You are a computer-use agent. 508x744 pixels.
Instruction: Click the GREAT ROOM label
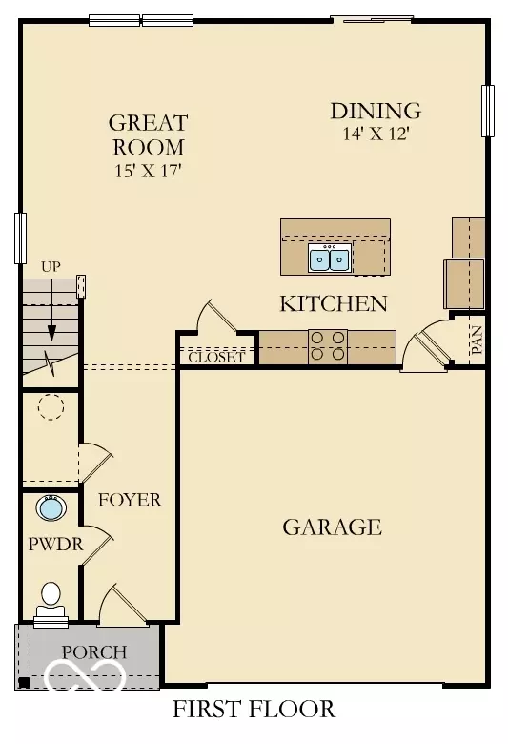point(148,134)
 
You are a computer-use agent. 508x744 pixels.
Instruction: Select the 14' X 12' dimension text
point(375,134)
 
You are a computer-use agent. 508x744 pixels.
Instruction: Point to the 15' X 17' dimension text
point(147,172)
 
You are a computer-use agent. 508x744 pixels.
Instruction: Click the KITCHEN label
point(333,304)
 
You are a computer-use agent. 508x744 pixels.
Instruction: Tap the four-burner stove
point(328,346)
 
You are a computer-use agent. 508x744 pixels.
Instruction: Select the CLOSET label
point(216,359)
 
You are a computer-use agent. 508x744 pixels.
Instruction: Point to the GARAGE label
point(332,527)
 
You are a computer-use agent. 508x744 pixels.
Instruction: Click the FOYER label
point(130,500)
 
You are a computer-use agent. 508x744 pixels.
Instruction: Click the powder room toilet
point(51,600)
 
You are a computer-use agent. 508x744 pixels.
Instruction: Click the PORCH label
point(93,652)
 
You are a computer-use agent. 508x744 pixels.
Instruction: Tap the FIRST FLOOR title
point(254,710)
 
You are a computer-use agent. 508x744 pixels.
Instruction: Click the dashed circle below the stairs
point(50,408)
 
